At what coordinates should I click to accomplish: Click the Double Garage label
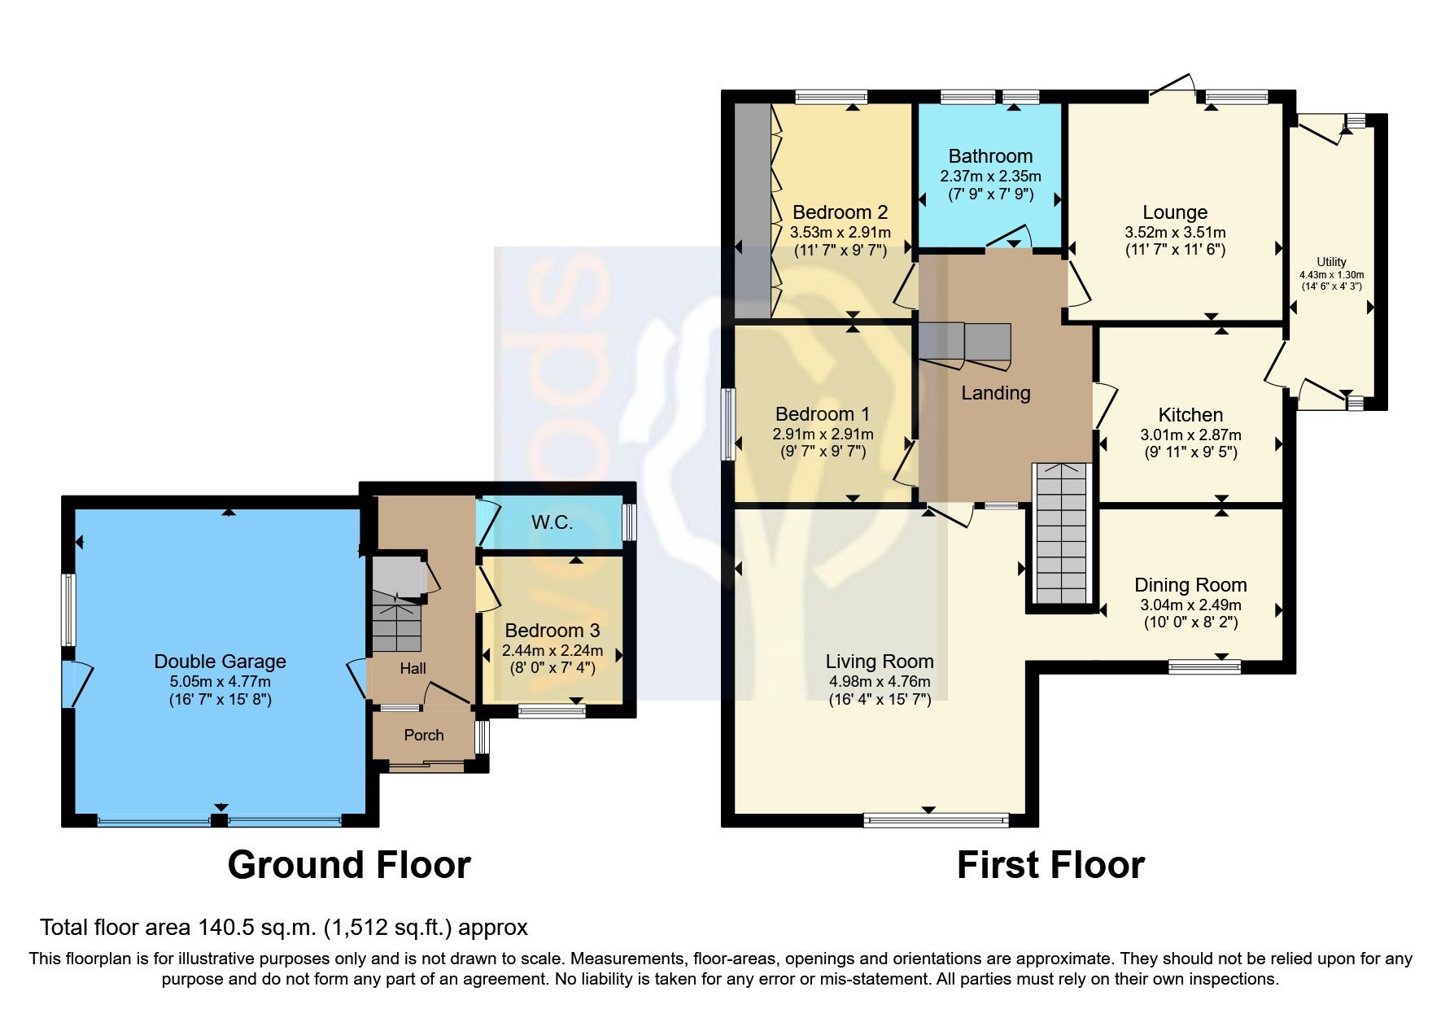220,662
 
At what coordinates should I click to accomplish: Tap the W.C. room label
552,522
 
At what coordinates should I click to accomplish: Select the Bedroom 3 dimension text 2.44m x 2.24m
552,650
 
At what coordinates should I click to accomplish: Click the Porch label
424,735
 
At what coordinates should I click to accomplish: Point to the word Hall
413,668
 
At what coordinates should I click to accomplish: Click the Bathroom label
990,155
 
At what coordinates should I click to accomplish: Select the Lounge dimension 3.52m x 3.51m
1175,233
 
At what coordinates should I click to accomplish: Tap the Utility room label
1331,262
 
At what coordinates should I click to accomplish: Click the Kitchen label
1190,414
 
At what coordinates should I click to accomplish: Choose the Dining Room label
1190,584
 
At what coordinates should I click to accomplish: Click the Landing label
995,393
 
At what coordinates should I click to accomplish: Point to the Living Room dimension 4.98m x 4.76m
879,682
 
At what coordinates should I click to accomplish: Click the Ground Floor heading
349,864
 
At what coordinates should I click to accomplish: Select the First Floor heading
1050,864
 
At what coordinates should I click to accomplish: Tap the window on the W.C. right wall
628,522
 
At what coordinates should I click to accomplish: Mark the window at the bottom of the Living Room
936,819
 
